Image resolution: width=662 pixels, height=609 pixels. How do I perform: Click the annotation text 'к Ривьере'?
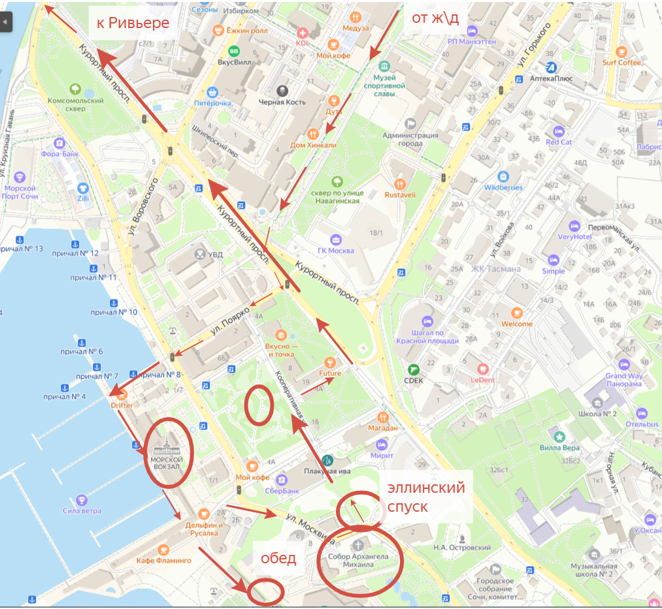133,23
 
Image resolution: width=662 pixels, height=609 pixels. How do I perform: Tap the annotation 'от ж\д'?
435,18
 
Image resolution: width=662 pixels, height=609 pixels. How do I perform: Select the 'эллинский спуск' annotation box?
425,497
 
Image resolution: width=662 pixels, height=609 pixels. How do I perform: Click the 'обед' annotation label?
278,558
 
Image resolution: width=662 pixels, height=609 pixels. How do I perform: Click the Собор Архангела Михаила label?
359,561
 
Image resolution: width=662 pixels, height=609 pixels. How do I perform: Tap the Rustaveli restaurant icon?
400,184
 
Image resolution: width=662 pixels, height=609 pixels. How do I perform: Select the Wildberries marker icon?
503,176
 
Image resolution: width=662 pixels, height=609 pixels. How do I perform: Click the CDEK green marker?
412,369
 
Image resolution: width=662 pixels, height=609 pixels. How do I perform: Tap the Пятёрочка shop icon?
212,92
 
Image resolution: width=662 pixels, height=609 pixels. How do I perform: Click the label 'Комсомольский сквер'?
76,104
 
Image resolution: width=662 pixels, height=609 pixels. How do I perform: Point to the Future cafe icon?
330,362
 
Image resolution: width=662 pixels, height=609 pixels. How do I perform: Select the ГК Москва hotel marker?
335,240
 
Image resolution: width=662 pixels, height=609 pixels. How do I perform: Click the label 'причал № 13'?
22,249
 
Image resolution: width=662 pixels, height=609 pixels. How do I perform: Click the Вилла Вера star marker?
559,436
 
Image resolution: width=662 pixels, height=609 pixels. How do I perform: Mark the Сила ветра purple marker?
82,499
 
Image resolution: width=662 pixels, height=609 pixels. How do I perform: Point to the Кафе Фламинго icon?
163,549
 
